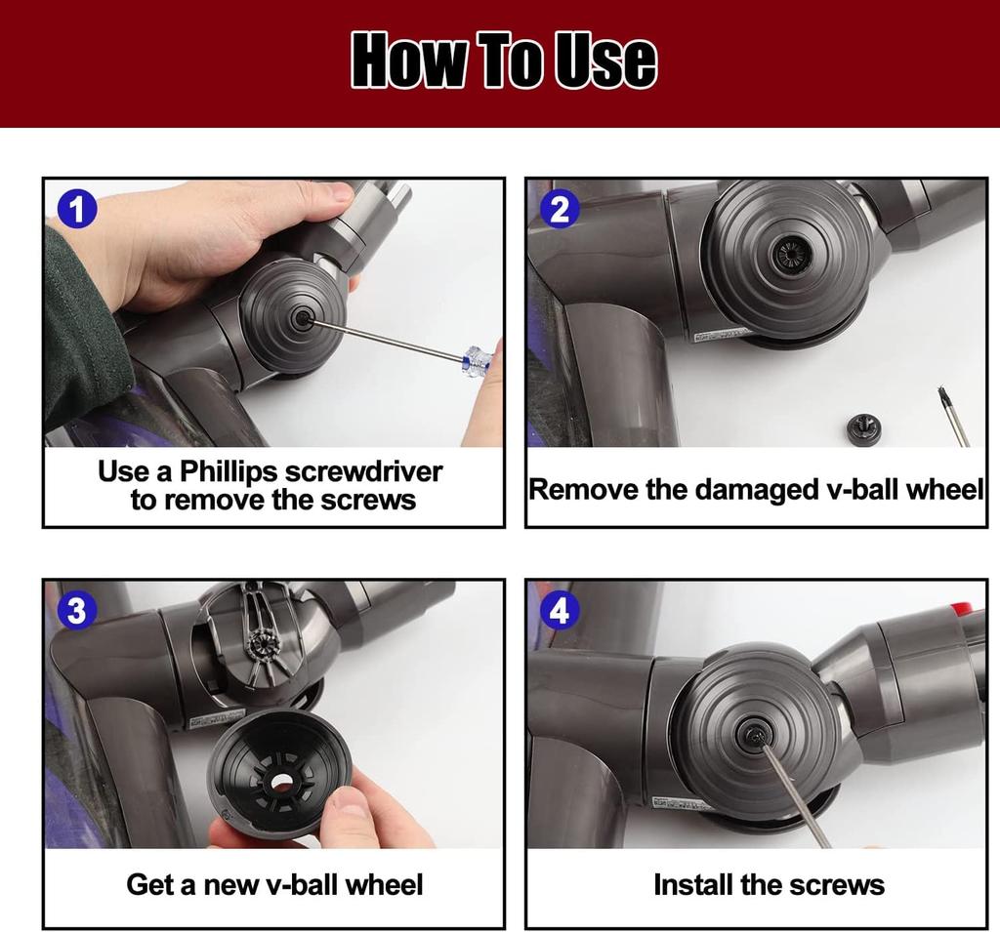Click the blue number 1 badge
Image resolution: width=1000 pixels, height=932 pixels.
coord(76,209)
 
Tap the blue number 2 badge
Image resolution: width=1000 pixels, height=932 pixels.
coord(560,209)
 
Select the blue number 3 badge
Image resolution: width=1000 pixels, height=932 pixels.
coord(76,610)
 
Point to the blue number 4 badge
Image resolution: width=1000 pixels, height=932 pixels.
coord(560,610)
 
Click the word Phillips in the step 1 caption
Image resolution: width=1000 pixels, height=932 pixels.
coord(229,472)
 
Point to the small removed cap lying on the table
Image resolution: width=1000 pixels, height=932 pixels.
coord(865,426)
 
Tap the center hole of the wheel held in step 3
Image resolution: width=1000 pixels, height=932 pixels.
coord(278,782)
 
